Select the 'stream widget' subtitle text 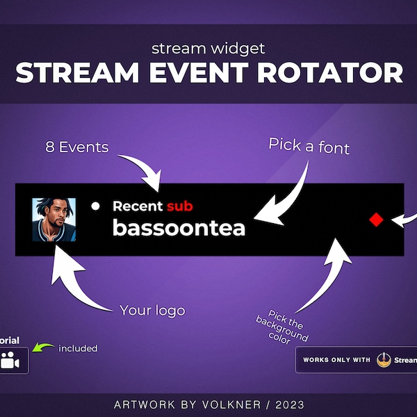(x=208, y=48)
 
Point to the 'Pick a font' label (x=309, y=145)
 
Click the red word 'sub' (x=179, y=206)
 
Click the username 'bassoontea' (x=179, y=228)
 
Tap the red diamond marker (x=376, y=220)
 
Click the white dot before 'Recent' (x=96, y=206)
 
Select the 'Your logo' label (x=152, y=310)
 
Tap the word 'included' (x=78, y=348)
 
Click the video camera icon (x=10, y=361)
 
